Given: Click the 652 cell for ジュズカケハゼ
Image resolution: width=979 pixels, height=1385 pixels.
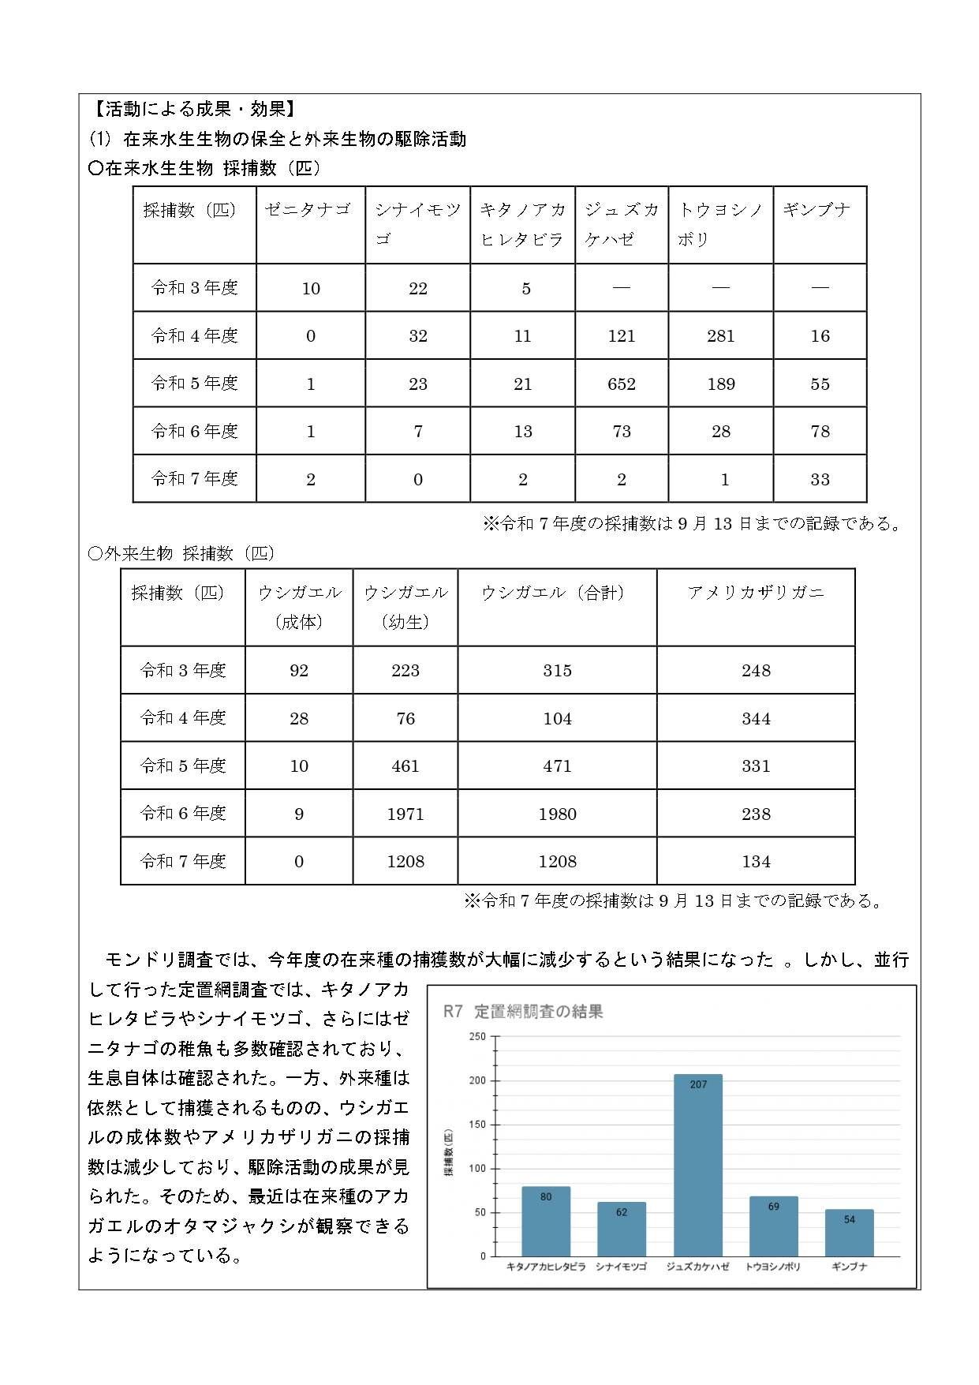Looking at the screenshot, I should [x=622, y=384].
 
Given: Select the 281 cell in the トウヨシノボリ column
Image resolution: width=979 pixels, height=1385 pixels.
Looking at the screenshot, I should [x=720, y=336].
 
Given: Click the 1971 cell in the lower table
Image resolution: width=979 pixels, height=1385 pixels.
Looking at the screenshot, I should [x=405, y=814].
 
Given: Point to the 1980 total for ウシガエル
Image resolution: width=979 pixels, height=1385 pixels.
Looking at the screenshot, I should [x=557, y=814].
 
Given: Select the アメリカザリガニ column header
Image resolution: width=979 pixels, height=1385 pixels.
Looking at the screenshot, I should [x=755, y=593].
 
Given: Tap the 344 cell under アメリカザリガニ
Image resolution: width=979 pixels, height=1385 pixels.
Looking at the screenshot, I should [x=755, y=719].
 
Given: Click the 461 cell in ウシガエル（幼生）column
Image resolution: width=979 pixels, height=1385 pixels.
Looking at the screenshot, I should [x=405, y=766].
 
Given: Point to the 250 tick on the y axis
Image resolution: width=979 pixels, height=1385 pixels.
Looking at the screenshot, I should [x=478, y=1036].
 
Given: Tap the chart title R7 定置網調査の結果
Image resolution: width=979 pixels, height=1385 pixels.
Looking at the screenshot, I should [x=523, y=1012].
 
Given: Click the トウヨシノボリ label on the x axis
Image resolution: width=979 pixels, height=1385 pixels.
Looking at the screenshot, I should [x=773, y=1267].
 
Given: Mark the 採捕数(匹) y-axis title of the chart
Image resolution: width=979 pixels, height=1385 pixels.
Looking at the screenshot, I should [x=449, y=1153].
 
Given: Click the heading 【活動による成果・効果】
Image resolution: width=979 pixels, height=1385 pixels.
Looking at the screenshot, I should [x=194, y=110].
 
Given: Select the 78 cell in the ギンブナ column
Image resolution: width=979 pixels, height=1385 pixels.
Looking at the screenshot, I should [x=820, y=432].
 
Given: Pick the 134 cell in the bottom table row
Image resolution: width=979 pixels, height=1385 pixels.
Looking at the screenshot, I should [x=755, y=862].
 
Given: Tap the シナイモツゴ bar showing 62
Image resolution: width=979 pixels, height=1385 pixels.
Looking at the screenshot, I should [x=622, y=1229].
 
